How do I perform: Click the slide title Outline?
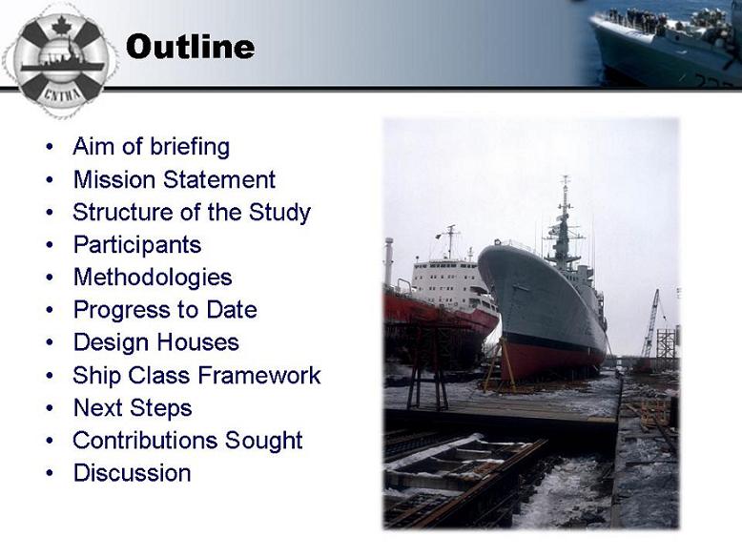[x=190, y=47]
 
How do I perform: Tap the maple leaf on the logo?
[x=61, y=25]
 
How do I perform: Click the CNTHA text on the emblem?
[x=62, y=93]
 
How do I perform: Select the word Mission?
[x=114, y=180]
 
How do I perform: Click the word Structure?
[x=123, y=212]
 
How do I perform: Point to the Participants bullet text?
[x=137, y=246]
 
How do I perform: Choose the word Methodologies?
[x=153, y=278]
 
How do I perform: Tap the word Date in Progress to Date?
[x=232, y=310]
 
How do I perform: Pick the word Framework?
[x=259, y=375]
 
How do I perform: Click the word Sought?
[x=263, y=441]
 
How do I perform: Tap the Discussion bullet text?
[x=132, y=473]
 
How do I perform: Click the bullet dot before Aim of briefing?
[x=50, y=147]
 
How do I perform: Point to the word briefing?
[x=190, y=147]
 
